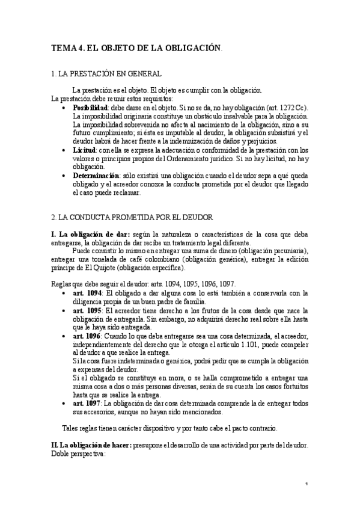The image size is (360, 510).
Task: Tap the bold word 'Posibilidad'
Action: (x=90, y=107)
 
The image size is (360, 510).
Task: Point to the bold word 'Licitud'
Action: (x=84, y=150)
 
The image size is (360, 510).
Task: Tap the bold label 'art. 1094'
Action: (x=87, y=293)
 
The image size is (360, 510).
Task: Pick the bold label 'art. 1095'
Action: (x=87, y=310)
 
